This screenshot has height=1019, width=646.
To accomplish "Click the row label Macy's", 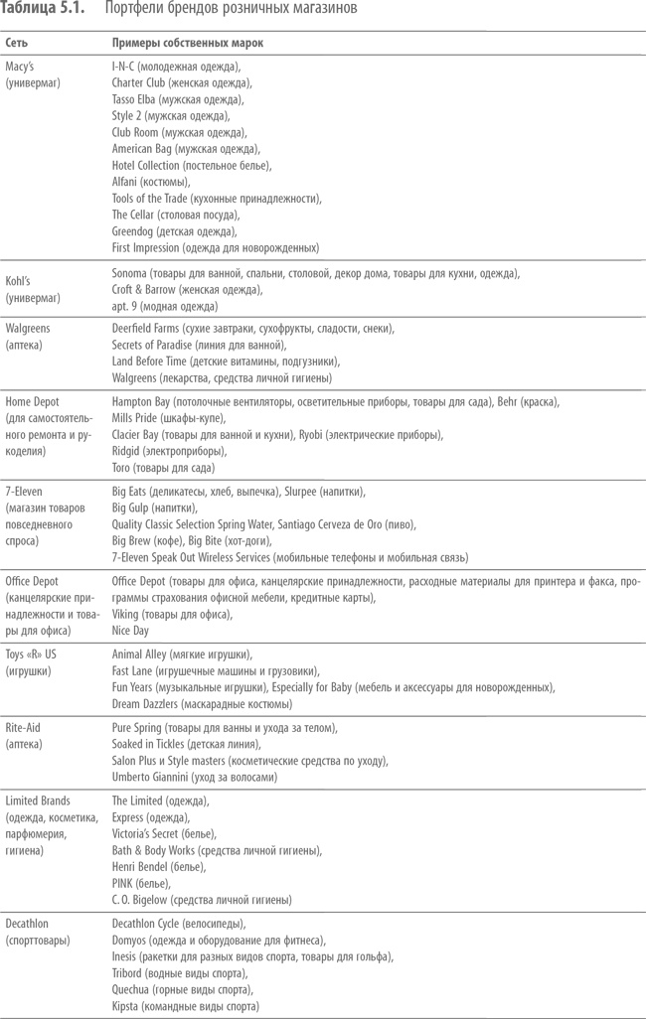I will (20, 67).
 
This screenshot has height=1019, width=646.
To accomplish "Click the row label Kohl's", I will (20, 273).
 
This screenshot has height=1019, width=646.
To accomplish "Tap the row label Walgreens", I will (28, 328).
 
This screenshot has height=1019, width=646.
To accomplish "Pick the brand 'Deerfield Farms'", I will (147, 328).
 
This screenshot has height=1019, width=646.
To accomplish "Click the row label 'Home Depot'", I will (33, 401).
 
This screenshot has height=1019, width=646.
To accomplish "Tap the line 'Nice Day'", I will (131, 630).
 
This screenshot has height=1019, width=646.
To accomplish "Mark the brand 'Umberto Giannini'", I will (154, 777).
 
